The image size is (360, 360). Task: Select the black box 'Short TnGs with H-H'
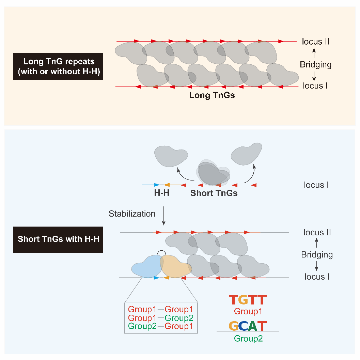58,238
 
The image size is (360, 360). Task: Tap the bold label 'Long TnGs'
212,95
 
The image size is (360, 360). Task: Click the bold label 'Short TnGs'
214,193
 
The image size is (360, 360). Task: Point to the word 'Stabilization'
132,214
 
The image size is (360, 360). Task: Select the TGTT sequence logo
248,300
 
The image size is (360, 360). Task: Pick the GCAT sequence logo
248,326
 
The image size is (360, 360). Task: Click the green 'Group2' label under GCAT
248,339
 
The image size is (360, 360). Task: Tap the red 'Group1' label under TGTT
248,311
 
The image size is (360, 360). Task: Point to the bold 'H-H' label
162,193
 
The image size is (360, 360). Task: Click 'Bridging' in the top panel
315,64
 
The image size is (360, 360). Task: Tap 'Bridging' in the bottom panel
317,254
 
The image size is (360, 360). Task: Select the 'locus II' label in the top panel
315,42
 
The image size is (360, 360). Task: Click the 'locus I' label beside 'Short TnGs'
316,185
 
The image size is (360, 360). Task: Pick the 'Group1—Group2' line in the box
160,318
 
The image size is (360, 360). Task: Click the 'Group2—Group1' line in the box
160,326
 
